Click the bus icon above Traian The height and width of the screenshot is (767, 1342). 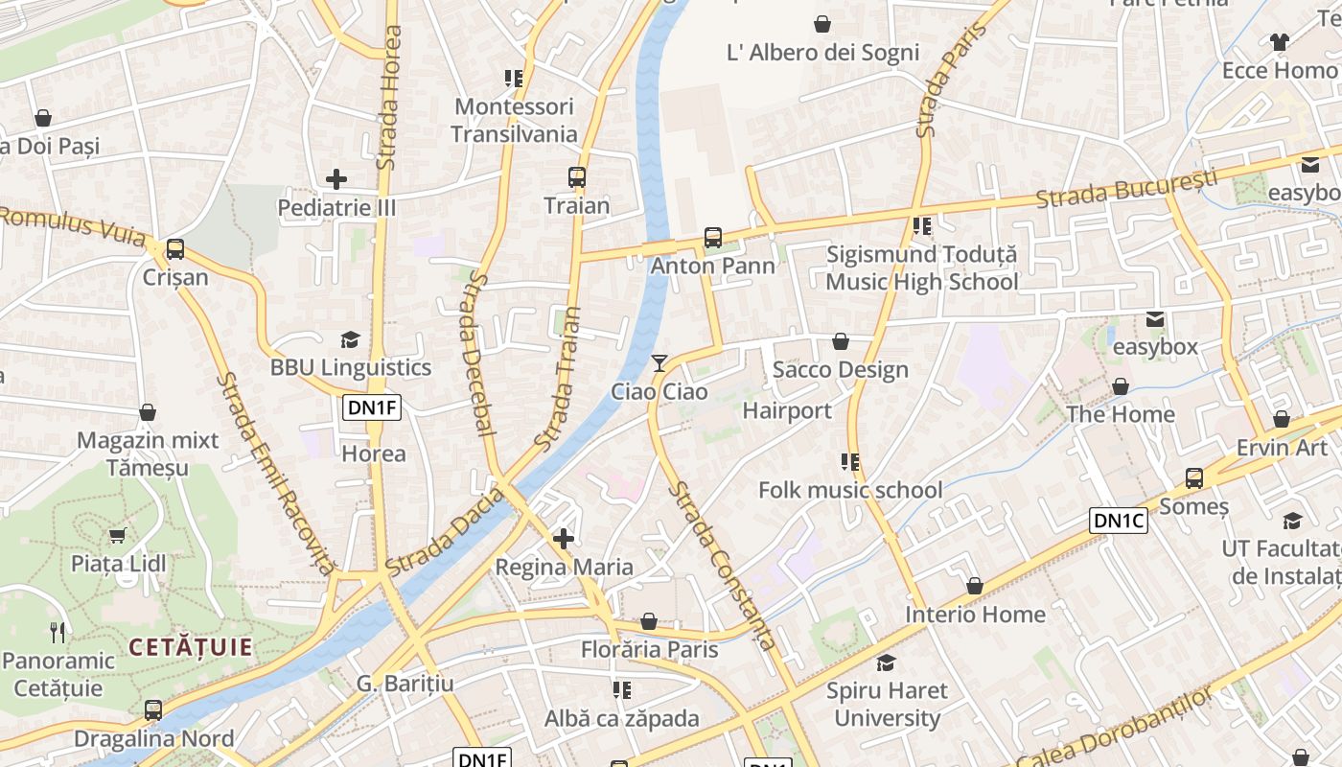pyautogui.click(x=576, y=177)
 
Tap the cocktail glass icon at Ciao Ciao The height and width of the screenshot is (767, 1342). pyautogui.click(x=659, y=362)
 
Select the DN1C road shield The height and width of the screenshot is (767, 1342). pyautogui.click(x=1119, y=521)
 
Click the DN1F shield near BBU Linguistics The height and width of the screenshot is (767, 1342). pyautogui.click(x=372, y=407)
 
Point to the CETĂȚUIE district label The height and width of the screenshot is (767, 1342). pyautogui.click(x=191, y=647)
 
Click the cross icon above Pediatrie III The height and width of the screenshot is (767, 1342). pyautogui.click(x=336, y=179)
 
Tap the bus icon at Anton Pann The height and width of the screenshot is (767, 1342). pyautogui.click(x=712, y=238)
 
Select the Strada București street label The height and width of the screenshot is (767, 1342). pyautogui.click(x=1126, y=189)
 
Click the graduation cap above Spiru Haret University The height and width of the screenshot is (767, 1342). pyautogui.click(x=887, y=662)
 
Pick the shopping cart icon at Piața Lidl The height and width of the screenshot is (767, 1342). pyautogui.click(x=118, y=536)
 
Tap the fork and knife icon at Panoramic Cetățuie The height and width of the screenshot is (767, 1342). pyautogui.click(x=58, y=632)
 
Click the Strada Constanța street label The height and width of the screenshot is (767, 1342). pyautogui.click(x=722, y=566)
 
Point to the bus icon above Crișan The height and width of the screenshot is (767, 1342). pyautogui.click(x=174, y=249)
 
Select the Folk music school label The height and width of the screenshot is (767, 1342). pyautogui.click(x=850, y=490)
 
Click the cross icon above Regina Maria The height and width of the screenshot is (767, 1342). pyautogui.click(x=564, y=539)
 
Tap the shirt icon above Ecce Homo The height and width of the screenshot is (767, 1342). pyautogui.click(x=1280, y=42)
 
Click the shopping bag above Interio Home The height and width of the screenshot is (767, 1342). pyautogui.click(x=975, y=586)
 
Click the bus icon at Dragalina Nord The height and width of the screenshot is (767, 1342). pyautogui.click(x=153, y=711)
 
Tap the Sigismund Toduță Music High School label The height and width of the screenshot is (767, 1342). pyautogui.click(x=921, y=268)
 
